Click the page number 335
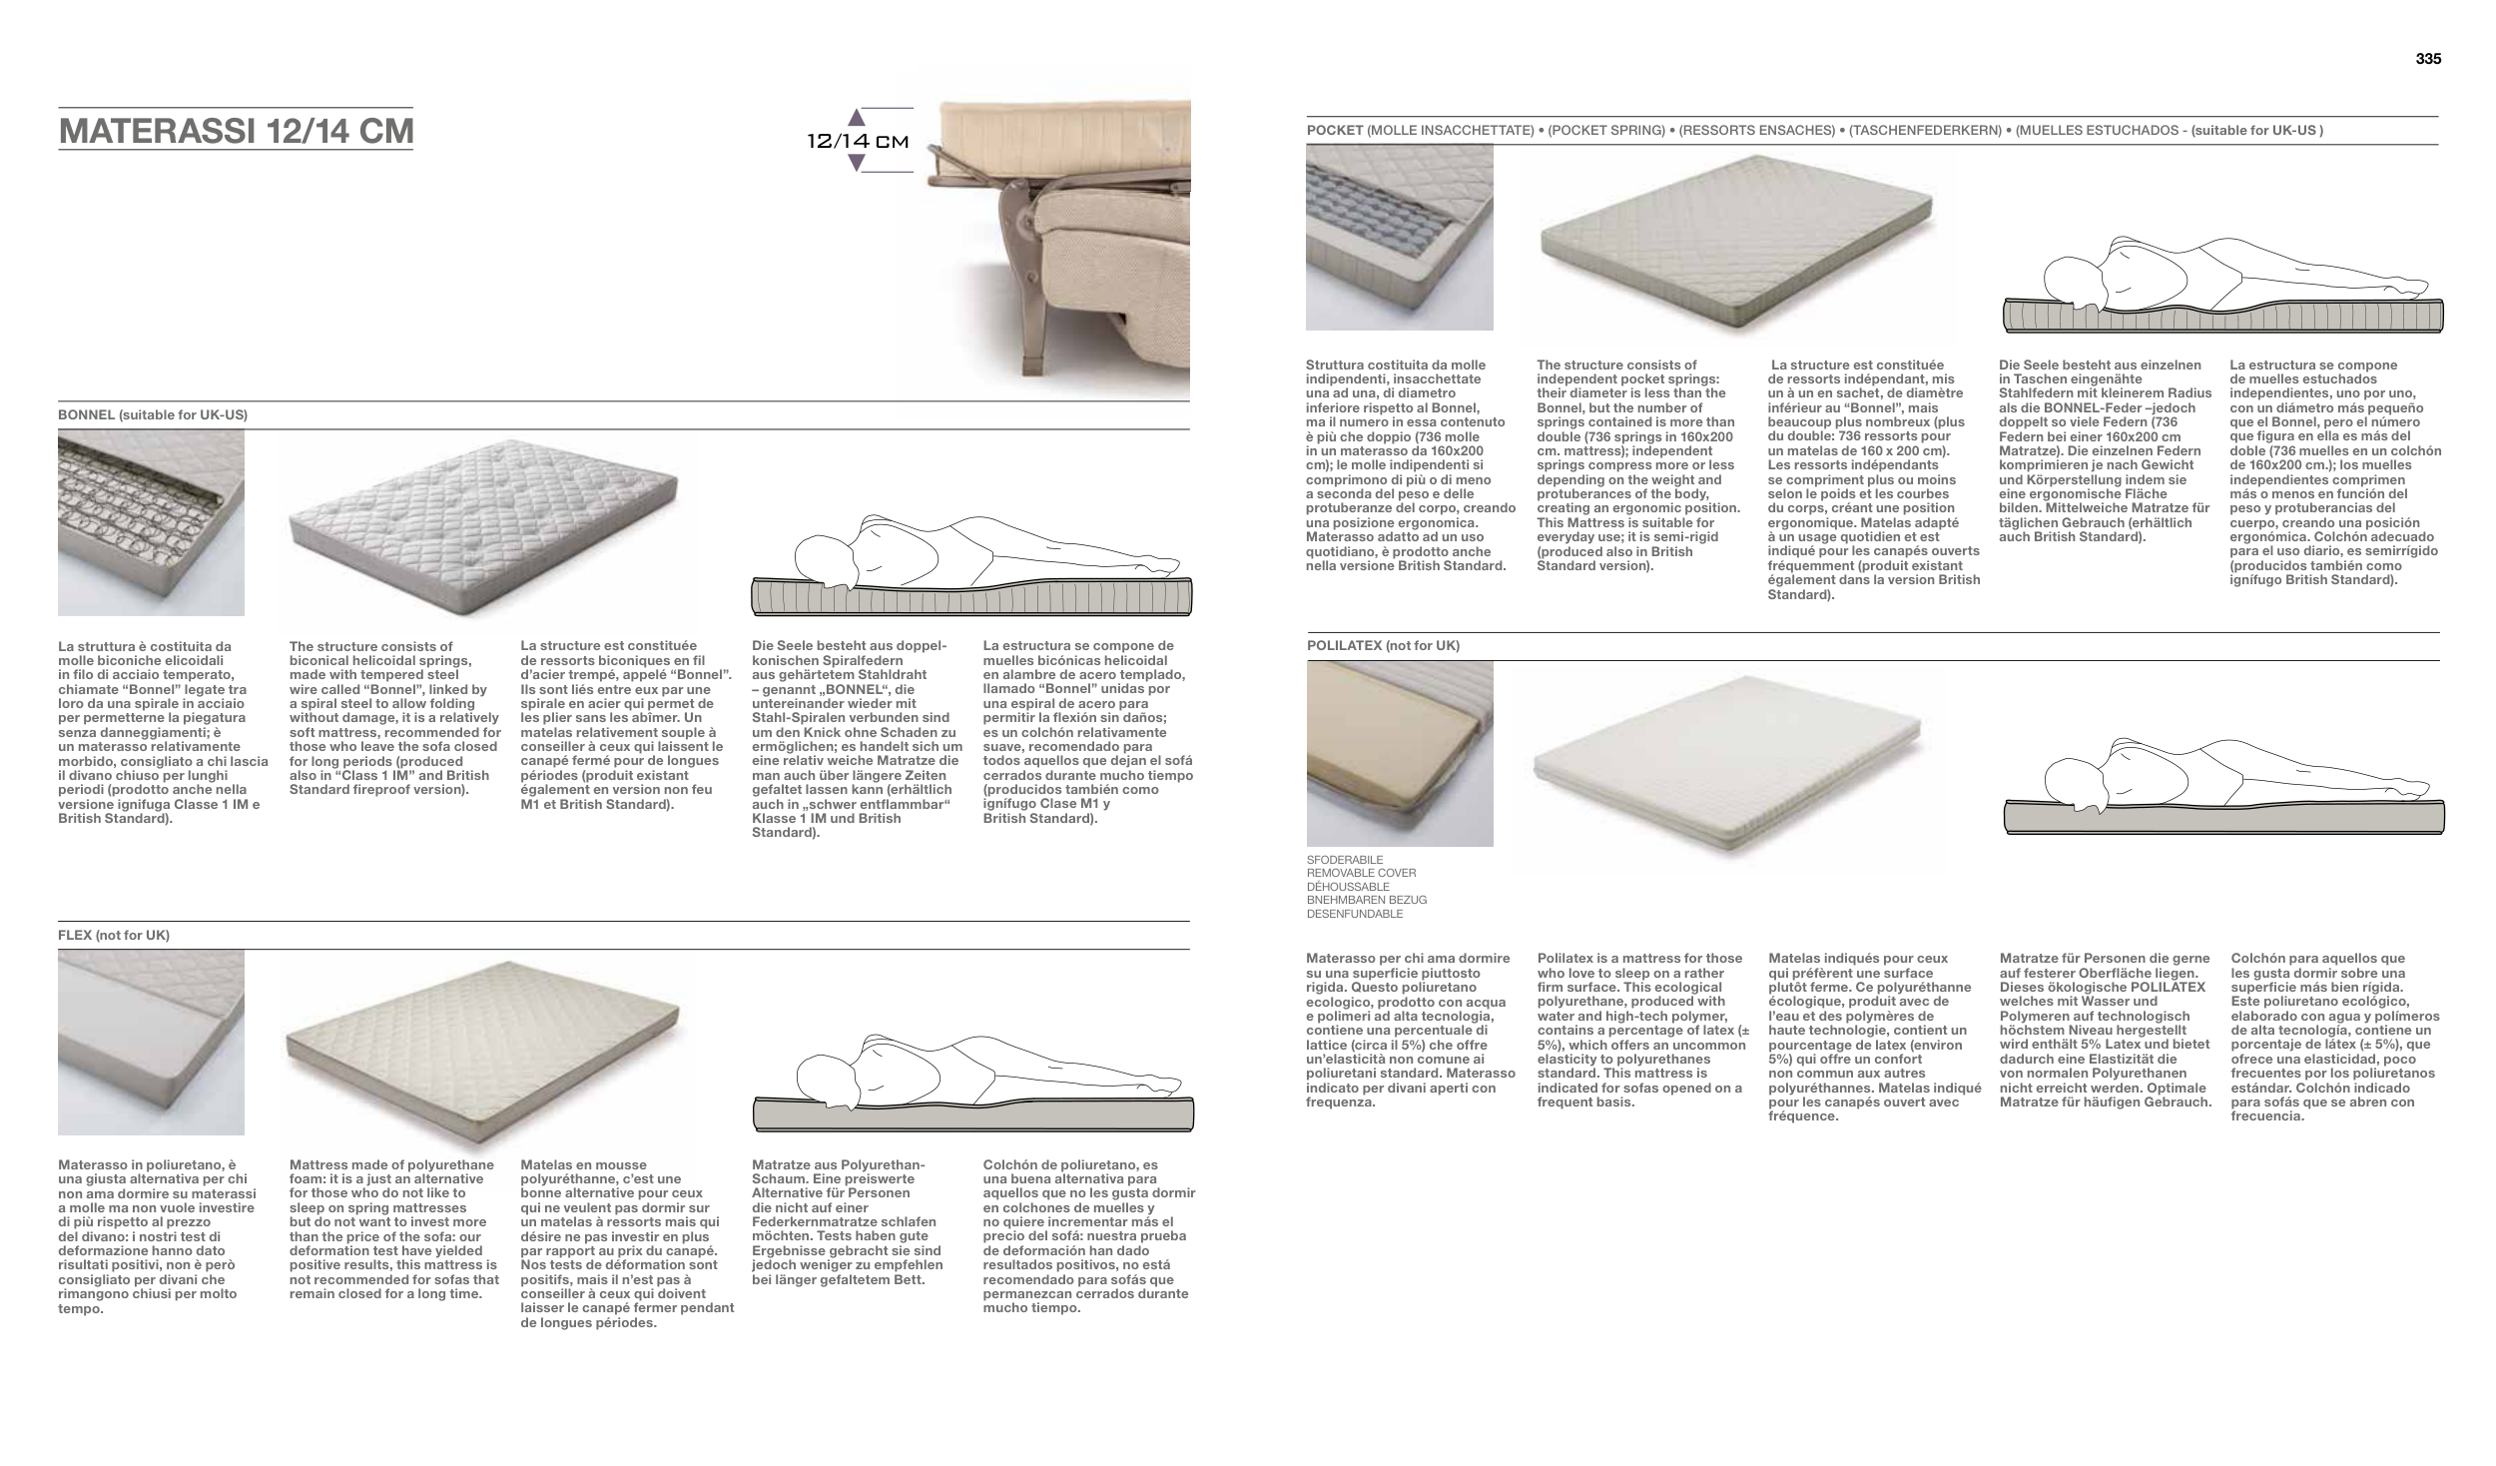pos(2428,59)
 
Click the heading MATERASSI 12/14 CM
pos(236,132)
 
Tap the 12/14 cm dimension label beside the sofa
pos(858,141)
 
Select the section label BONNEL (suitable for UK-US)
pos(153,414)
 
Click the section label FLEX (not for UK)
pos(114,936)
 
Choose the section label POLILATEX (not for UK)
pos(1383,646)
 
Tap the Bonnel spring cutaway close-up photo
pos(151,522)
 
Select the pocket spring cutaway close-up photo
pos(1400,237)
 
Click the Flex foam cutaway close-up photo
pos(151,1042)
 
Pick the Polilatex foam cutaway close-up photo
pos(1400,753)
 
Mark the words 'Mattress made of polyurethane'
pos(391,1165)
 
